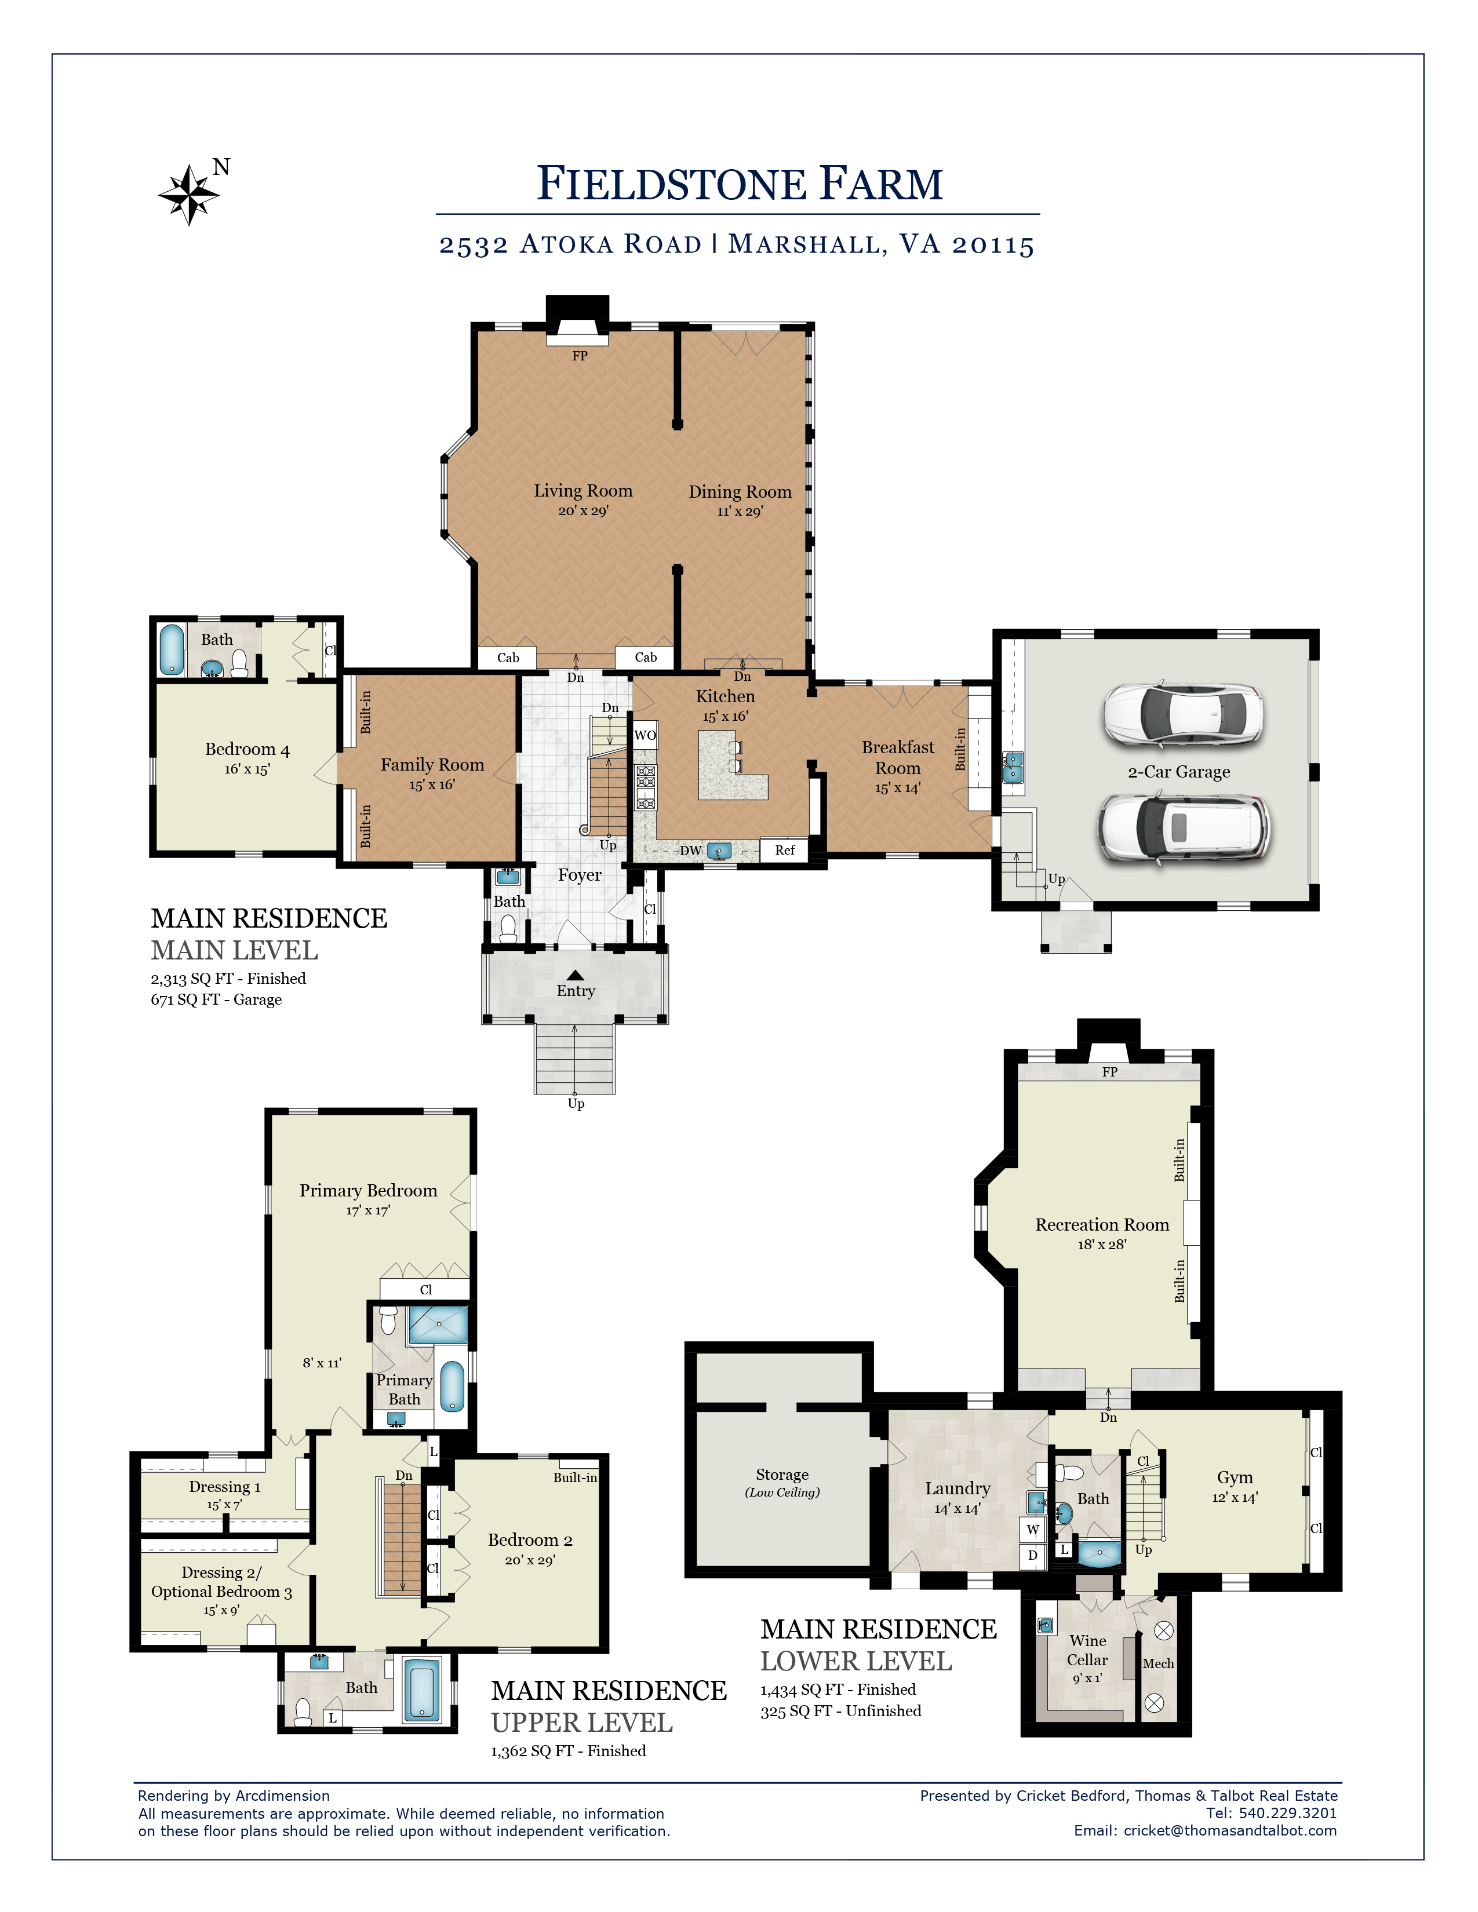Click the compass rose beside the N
coord(188,194)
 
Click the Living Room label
coord(583,491)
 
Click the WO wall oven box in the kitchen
coord(645,735)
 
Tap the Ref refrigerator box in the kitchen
coord(785,850)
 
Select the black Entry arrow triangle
coord(576,975)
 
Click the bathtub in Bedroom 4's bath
coord(172,649)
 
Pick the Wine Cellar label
coord(1087,1650)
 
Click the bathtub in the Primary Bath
coord(452,1386)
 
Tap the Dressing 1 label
coord(225,1487)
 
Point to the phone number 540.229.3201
coord(1287,1813)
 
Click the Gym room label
coord(1235,1478)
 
